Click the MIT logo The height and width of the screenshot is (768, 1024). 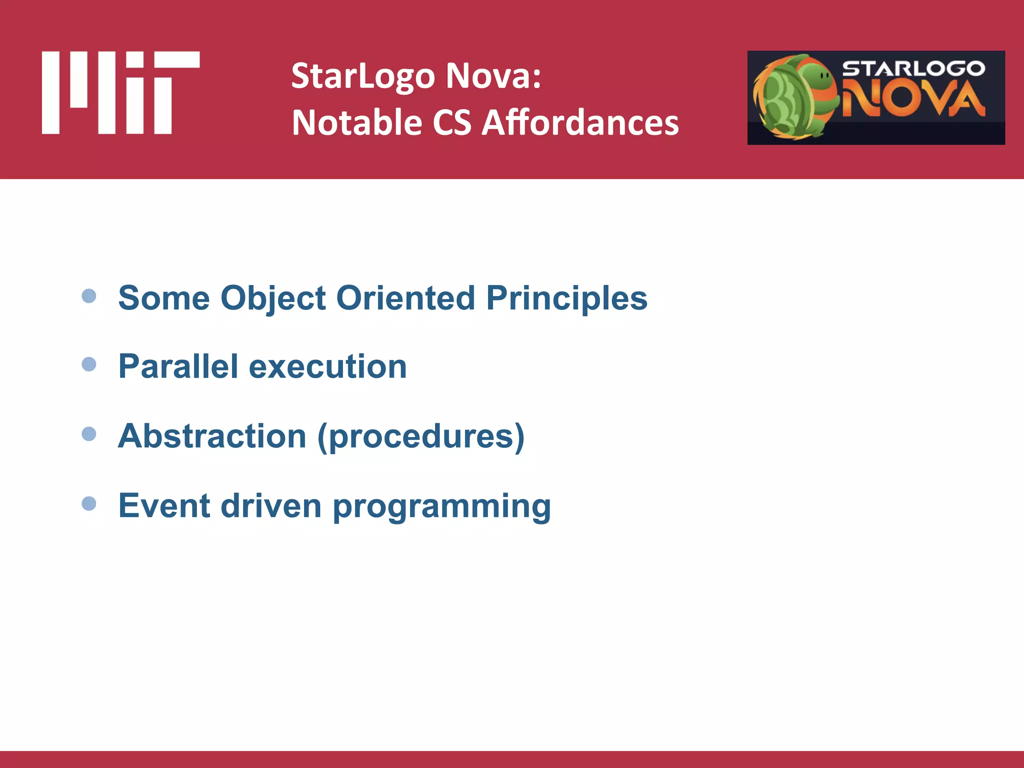[120, 92]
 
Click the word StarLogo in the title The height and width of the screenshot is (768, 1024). [363, 76]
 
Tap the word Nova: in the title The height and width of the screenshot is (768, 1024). [493, 76]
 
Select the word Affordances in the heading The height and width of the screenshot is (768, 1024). [580, 123]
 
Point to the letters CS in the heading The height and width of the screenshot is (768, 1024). [451, 123]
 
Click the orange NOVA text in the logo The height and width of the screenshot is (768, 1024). [913, 98]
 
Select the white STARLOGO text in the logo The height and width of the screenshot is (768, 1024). [913, 68]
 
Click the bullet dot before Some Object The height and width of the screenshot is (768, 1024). [89, 296]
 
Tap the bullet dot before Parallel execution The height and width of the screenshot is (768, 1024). [89, 364]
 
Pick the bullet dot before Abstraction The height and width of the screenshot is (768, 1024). [89, 433]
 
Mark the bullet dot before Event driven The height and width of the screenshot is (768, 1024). [89, 503]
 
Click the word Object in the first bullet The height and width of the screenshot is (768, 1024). [273, 298]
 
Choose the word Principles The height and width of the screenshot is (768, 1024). [566, 298]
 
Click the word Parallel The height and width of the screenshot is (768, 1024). [177, 366]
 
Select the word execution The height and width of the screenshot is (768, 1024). [327, 366]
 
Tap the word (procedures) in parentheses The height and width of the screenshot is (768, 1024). [421, 436]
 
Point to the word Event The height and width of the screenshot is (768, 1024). [163, 505]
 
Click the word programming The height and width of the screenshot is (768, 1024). [441, 506]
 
